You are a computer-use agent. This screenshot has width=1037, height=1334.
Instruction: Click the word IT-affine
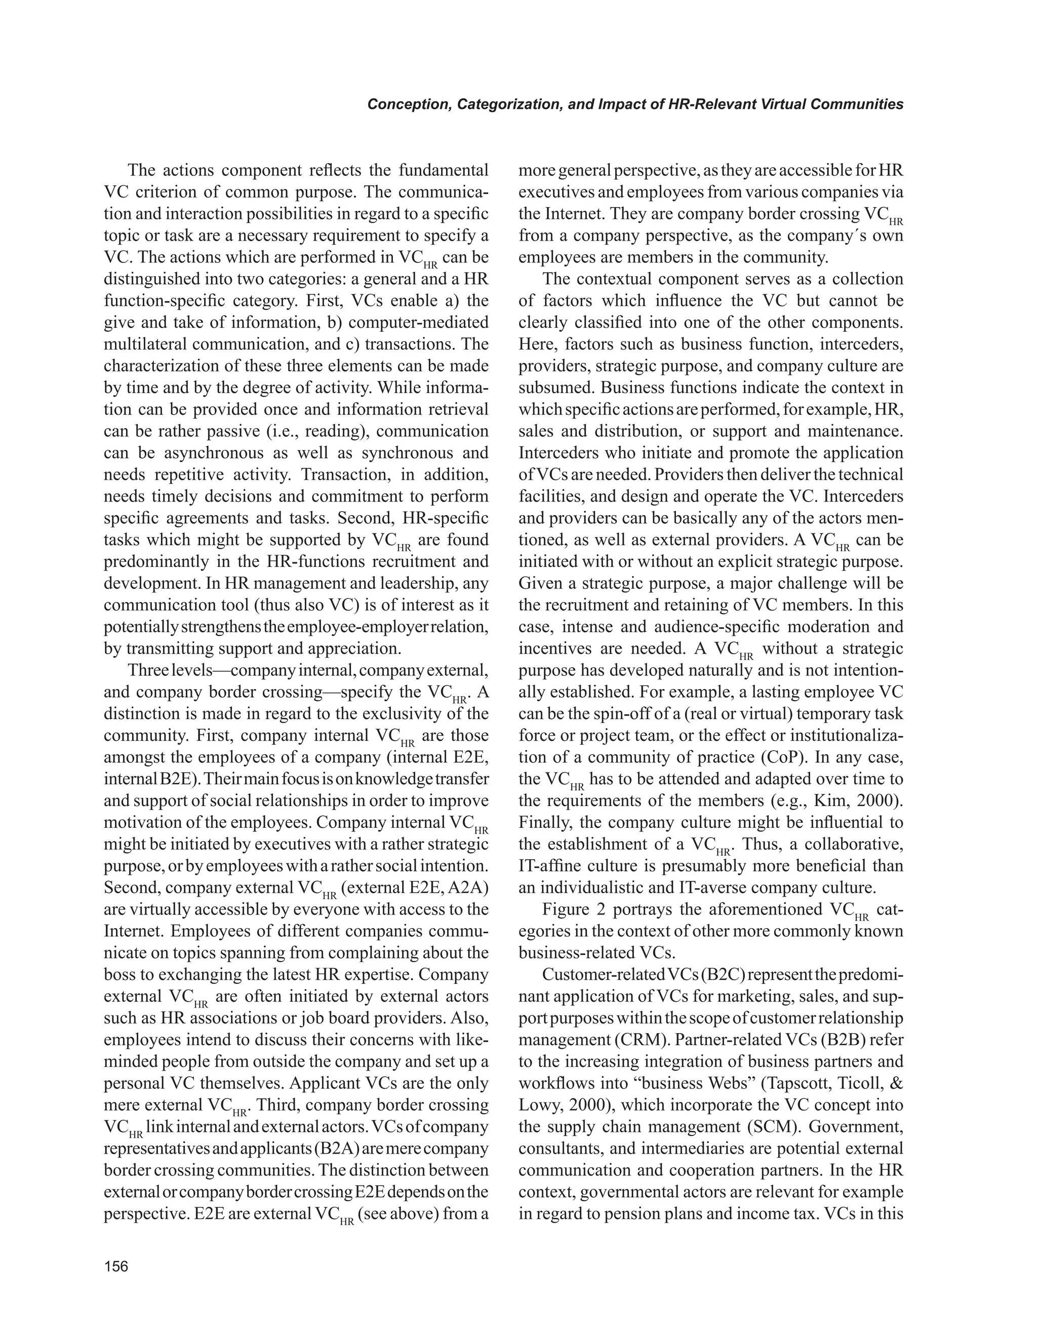tap(546, 866)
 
